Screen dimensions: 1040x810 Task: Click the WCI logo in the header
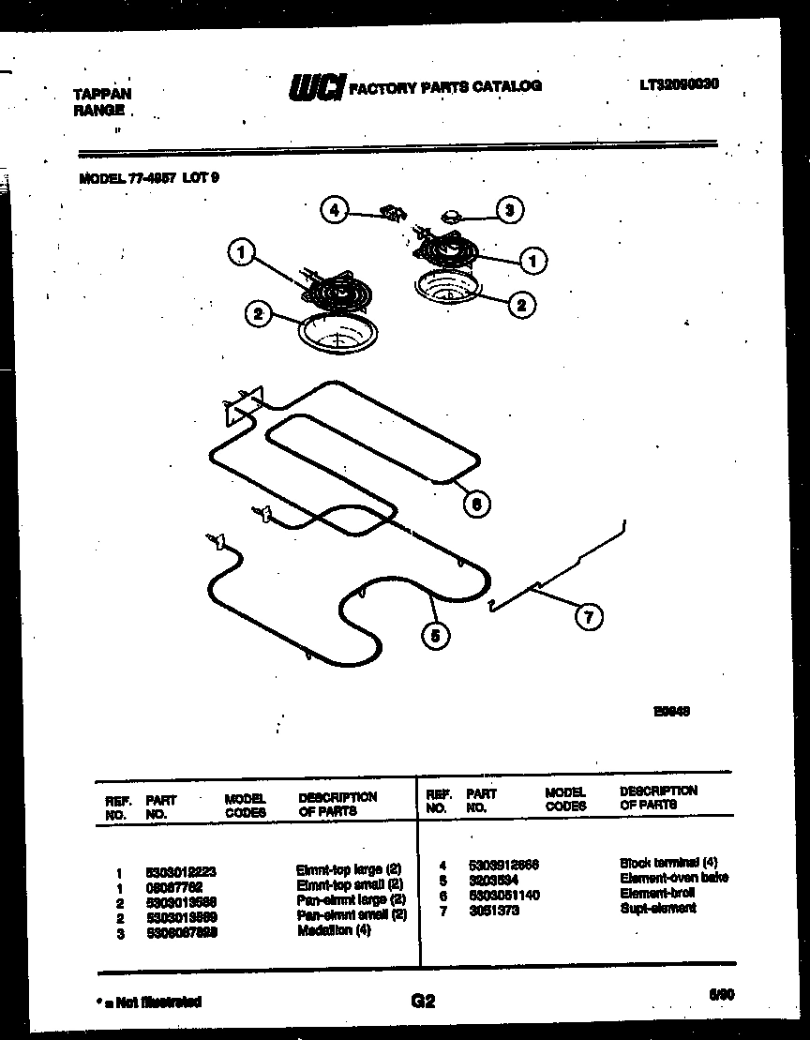click(316, 87)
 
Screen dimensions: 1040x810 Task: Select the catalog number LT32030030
click(680, 84)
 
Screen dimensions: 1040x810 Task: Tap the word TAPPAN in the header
click(102, 94)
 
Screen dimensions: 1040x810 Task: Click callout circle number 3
click(509, 210)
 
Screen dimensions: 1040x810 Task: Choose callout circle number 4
click(334, 210)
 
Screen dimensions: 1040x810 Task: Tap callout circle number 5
click(435, 635)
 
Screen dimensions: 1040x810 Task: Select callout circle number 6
click(476, 504)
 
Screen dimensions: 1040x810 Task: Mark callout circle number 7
click(588, 616)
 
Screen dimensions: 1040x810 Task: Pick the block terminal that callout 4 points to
click(390, 214)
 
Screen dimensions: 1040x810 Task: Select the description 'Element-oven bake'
click(673, 879)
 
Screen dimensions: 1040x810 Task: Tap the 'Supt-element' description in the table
click(657, 909)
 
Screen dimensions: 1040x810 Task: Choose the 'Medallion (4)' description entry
click(334, 931)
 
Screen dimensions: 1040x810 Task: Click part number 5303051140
click(502, 895)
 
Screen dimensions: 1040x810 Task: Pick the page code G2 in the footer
click(423, 1002)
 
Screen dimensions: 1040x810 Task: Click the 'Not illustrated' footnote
click(149, 1002)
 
